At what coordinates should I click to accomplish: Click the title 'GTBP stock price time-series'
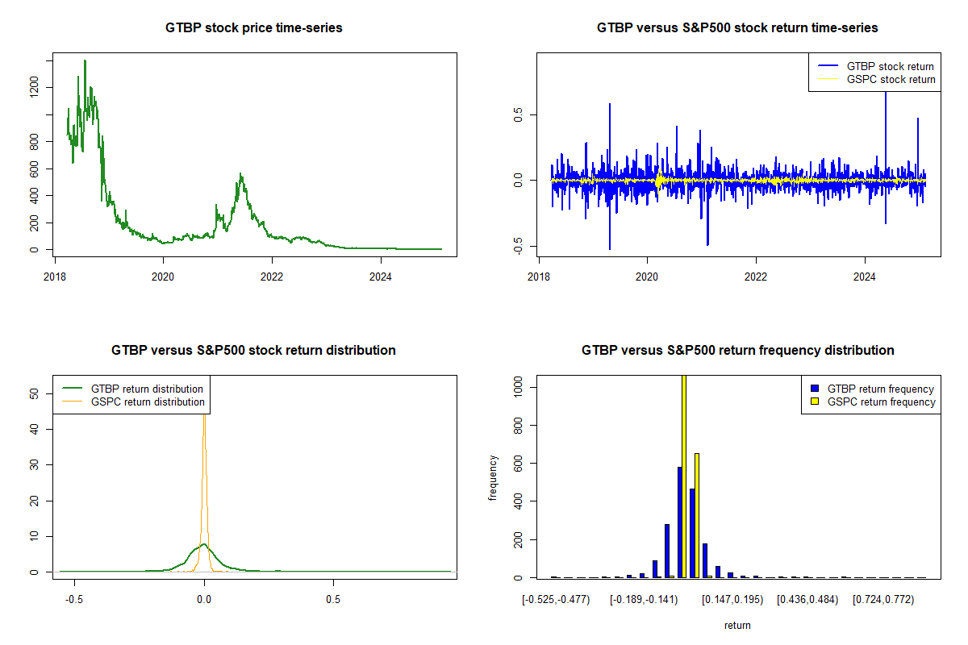pos(253,28)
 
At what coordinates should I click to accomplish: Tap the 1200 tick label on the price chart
pos(34,87)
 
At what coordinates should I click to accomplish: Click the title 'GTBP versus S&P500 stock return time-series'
pos(737,28)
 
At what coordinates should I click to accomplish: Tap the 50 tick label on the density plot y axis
pos(34,394)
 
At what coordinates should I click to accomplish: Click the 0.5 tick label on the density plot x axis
pos(332,600)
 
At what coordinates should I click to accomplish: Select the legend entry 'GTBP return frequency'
pos(887,389)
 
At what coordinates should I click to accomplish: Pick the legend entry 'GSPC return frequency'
pos(887,402)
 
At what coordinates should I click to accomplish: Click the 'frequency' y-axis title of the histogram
pos(493,478)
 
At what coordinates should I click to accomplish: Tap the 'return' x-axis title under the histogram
pos(737,625)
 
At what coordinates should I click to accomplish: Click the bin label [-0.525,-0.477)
pos(556,600)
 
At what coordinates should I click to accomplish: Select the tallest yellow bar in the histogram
pos(684,476)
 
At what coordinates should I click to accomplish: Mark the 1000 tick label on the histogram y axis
pos(518,387)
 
